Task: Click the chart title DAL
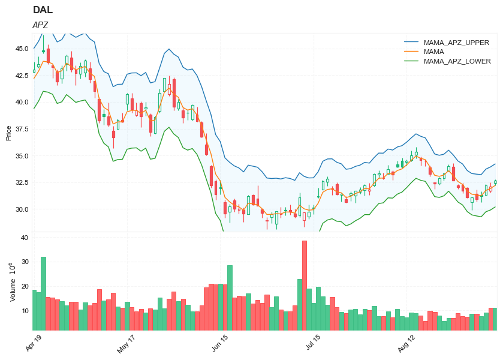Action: coord(42,10)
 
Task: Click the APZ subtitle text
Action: coord(40,25)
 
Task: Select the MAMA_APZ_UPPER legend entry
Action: coord(456,43)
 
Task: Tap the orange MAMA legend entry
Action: coord(433,52)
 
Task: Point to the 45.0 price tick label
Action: coord(22,49)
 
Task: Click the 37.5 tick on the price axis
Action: coord(22,130)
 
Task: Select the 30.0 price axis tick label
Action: coord(22,210)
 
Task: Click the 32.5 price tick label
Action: coord(22,183)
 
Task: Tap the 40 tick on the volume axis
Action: coord(25,238)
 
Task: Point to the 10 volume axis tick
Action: coord(25,311)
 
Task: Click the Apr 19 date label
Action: coord(34,343)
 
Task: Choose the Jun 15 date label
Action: coord(221,343)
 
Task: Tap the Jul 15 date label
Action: coord(313,343)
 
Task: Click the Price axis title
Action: coord(8,133)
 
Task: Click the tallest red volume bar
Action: coord(305,285)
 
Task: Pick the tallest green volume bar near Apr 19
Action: coord(43,293)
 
